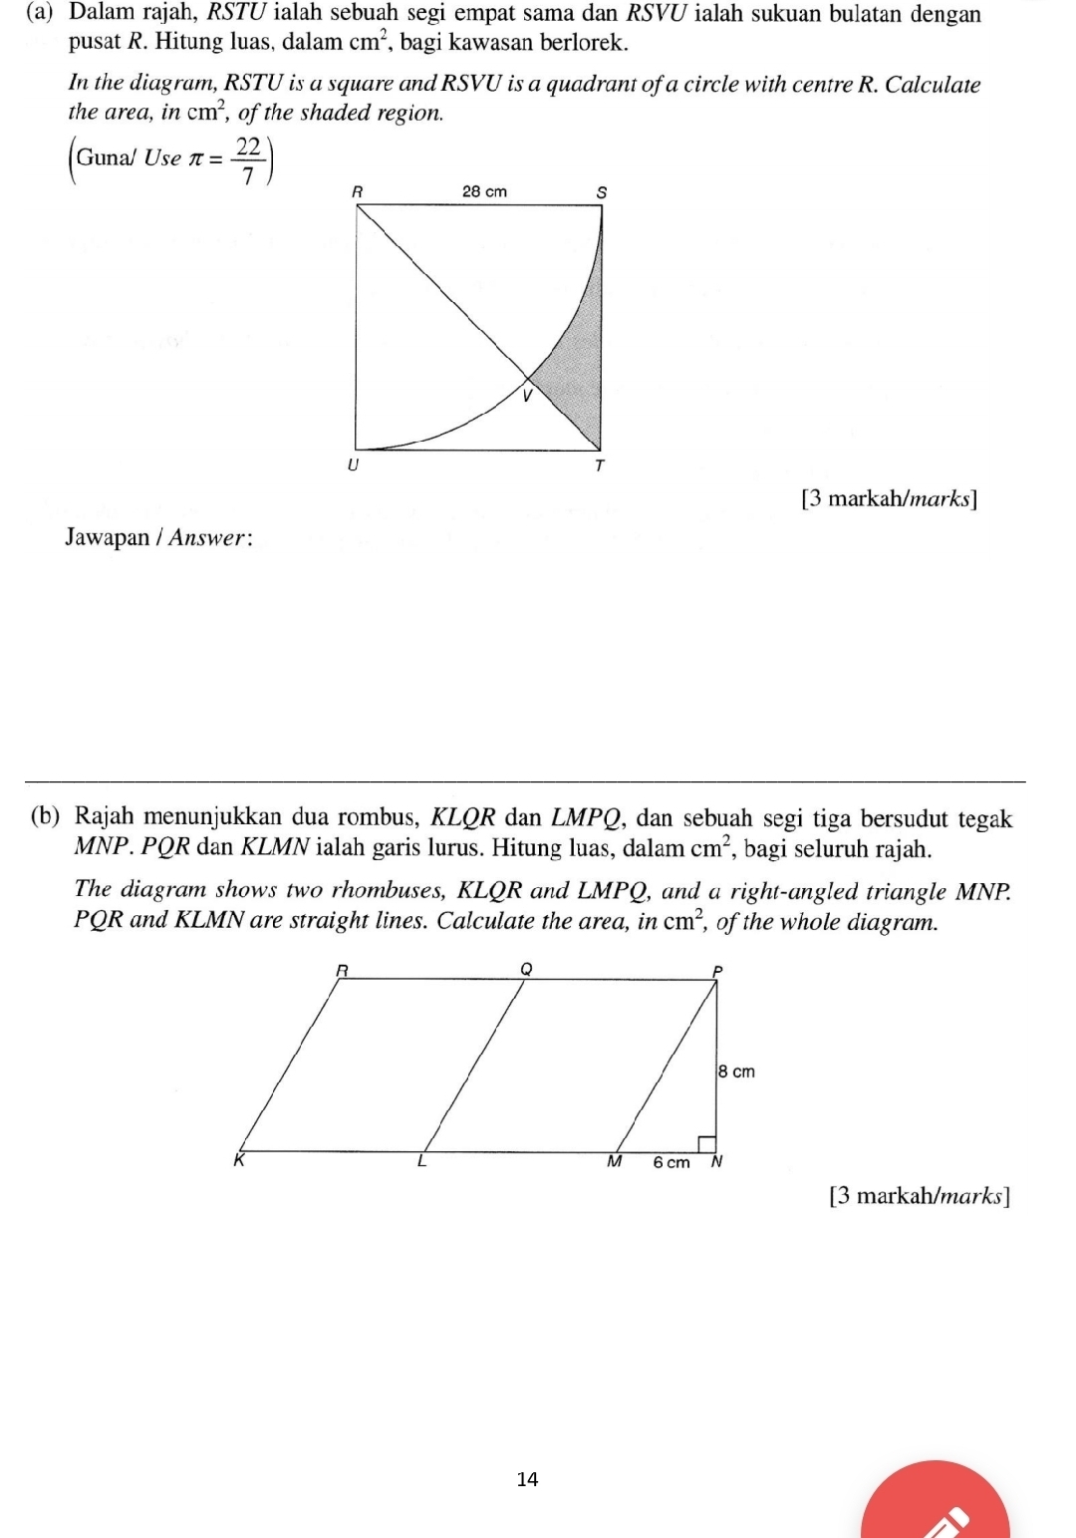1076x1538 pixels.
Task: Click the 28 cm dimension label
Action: coord(484,191)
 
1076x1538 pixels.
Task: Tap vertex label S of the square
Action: coord(601,192)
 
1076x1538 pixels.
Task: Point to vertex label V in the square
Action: coord(528,396)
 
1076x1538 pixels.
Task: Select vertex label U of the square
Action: coord(352,465)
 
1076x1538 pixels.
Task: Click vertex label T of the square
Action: coord(599,465)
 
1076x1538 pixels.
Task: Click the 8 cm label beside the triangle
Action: coord(737,1072)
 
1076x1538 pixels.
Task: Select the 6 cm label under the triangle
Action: coord(671,1162)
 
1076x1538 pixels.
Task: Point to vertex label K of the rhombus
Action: coord(238,1160)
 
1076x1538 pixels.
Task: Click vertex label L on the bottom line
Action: coord(421,1161)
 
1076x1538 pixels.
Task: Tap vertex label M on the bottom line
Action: coord(614,1161)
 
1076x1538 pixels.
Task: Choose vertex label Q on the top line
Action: coord(527,968)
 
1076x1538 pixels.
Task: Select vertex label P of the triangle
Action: coord(716,971)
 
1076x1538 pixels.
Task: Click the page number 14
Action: coord(527,1479)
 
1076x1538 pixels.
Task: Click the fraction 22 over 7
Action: coord(247,160)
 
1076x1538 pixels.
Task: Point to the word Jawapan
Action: coord(107,537)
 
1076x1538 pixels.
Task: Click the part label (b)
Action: coord(45,816)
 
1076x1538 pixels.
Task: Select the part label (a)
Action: coord(40,14)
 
